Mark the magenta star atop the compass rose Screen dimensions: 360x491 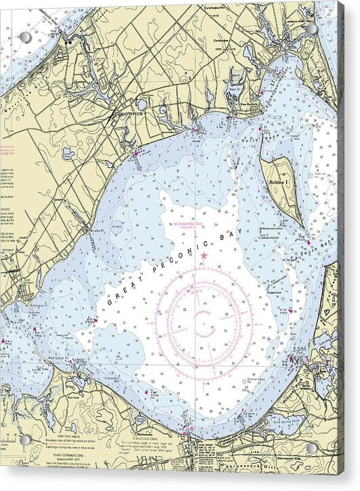pos(203,255)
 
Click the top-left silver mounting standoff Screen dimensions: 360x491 pos(25,37)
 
